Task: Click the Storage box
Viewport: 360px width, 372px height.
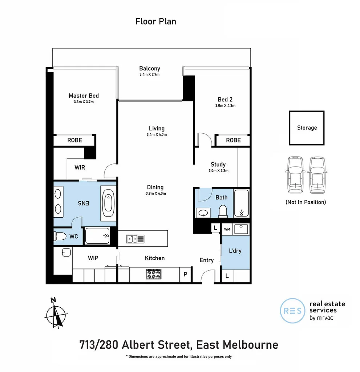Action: (307, 128)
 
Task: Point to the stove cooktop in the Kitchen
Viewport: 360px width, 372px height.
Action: (153, 274)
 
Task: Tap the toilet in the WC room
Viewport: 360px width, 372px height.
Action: (60, 236)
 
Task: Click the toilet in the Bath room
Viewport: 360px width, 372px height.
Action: (223, 210)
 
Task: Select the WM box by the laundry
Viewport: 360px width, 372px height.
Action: (227, 229)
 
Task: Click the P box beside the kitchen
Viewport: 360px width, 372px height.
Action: (185, 275)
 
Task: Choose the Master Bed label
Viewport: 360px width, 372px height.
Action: (84, 96)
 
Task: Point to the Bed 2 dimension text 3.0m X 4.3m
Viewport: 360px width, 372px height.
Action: (225, 106)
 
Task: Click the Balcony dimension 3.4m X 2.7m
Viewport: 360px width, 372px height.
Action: (149, 74)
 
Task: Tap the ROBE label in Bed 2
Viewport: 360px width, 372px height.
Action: (233, 140)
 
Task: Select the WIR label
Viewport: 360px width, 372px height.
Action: (80, 168)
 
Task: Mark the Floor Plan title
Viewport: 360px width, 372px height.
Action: (155, 21)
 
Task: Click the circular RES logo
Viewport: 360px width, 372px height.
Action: (292, 311)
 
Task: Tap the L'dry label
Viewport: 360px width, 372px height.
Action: (235, 251)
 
